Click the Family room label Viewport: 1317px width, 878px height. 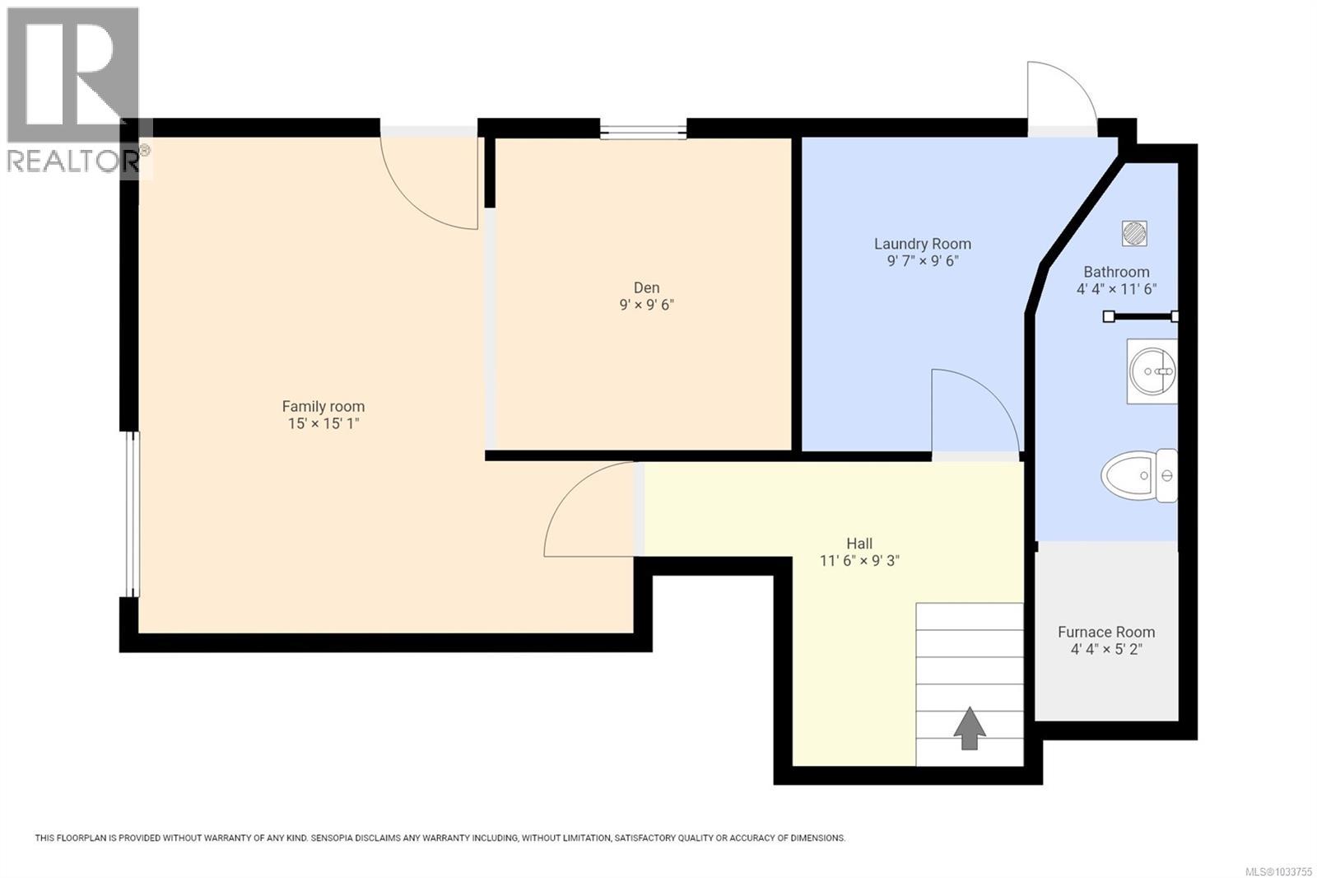pos(323,406)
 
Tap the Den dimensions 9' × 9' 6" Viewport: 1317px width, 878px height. pos(646,305)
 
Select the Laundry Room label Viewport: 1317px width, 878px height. pos(922,244)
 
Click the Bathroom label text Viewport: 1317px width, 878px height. pos(1116,272)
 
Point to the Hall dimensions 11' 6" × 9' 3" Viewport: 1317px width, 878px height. pos(859,561)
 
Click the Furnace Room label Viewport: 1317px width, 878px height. pos(1105,632)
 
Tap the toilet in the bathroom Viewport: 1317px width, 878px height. pos(1140,475)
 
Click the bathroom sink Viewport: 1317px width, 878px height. pos(1152,371)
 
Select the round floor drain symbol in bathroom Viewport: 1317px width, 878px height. pos(1134,233)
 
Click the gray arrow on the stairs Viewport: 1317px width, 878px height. pos(970,728)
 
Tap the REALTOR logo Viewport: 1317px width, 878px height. pos(74,91)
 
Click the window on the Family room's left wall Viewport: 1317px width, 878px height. pos(130,514)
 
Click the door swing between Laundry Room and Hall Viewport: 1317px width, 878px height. pos(971,412)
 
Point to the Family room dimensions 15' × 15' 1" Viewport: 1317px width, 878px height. pos(323,423)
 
